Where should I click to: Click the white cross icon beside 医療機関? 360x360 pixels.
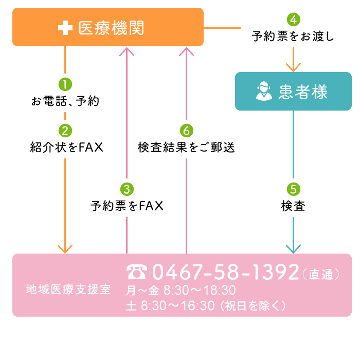pyautogui.click(x=65, y=28)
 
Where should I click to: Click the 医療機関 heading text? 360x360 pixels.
pyautogui.click(x=112, y=28)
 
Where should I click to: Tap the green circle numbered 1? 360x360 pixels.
pyautogui.click(x=65, y=84)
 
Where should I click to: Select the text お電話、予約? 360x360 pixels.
pyautogui.click(x=65, y=101)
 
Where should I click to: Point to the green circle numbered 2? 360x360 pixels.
pyautogui.click(x=65, y=130)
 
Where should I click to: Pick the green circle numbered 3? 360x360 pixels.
pyautogui.click(x=127, y=189)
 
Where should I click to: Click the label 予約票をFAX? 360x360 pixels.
pyautogui.click(x=127, y=206)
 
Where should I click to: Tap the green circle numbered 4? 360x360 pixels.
pyautogui.click(x=293, y=20)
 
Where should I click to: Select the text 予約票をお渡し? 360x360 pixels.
pyautogui.click(x=293, y=37)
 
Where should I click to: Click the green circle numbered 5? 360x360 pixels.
pyautogui.click(x=293, y=189)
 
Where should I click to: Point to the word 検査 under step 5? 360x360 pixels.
pyautogui.click(x=293, y=206)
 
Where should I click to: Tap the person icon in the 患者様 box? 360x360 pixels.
pyautogui.click(x=263, y=92)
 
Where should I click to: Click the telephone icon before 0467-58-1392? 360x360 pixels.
pyautogui.click(x=137, y=272)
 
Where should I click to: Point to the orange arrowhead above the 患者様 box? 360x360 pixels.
pyautogui.click(x=293, y=67)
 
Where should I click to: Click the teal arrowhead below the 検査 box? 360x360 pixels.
pyautogui.click(x=293, y=249)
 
